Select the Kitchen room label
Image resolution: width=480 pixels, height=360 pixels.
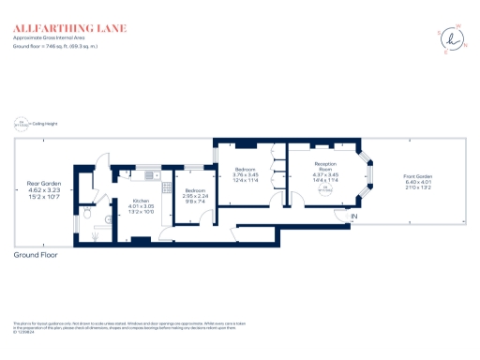pos(141,201)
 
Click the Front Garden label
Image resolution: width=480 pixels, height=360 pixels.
pos(417,177)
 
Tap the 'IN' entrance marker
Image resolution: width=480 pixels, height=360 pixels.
pos(354,217)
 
